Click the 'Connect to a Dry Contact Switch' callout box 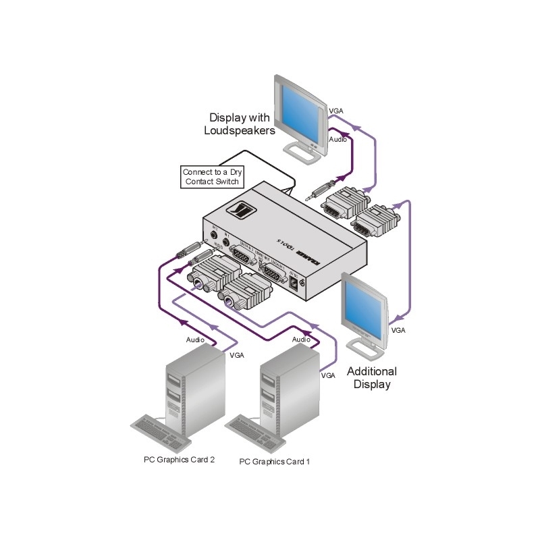pyautogui.click(x=212, y=177)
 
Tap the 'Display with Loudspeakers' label pyautogui.click(x=239, y=124)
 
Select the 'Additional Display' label pyautogui.click(x=371, y=377)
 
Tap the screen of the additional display pyautogui.click(x=365, y=303)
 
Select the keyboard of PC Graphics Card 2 pyautogui.click(x=159, y=432)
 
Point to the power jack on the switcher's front pyautogui.click(x=295, y=284)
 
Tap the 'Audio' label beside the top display pyautogui.click(x=338, y=140)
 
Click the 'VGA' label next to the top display pyautogui.click(x=335, y=110)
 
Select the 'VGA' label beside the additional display pyautogui.click(x=398, y=331)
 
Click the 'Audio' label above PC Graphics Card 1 pyautogui.click(x=301, y=340)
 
